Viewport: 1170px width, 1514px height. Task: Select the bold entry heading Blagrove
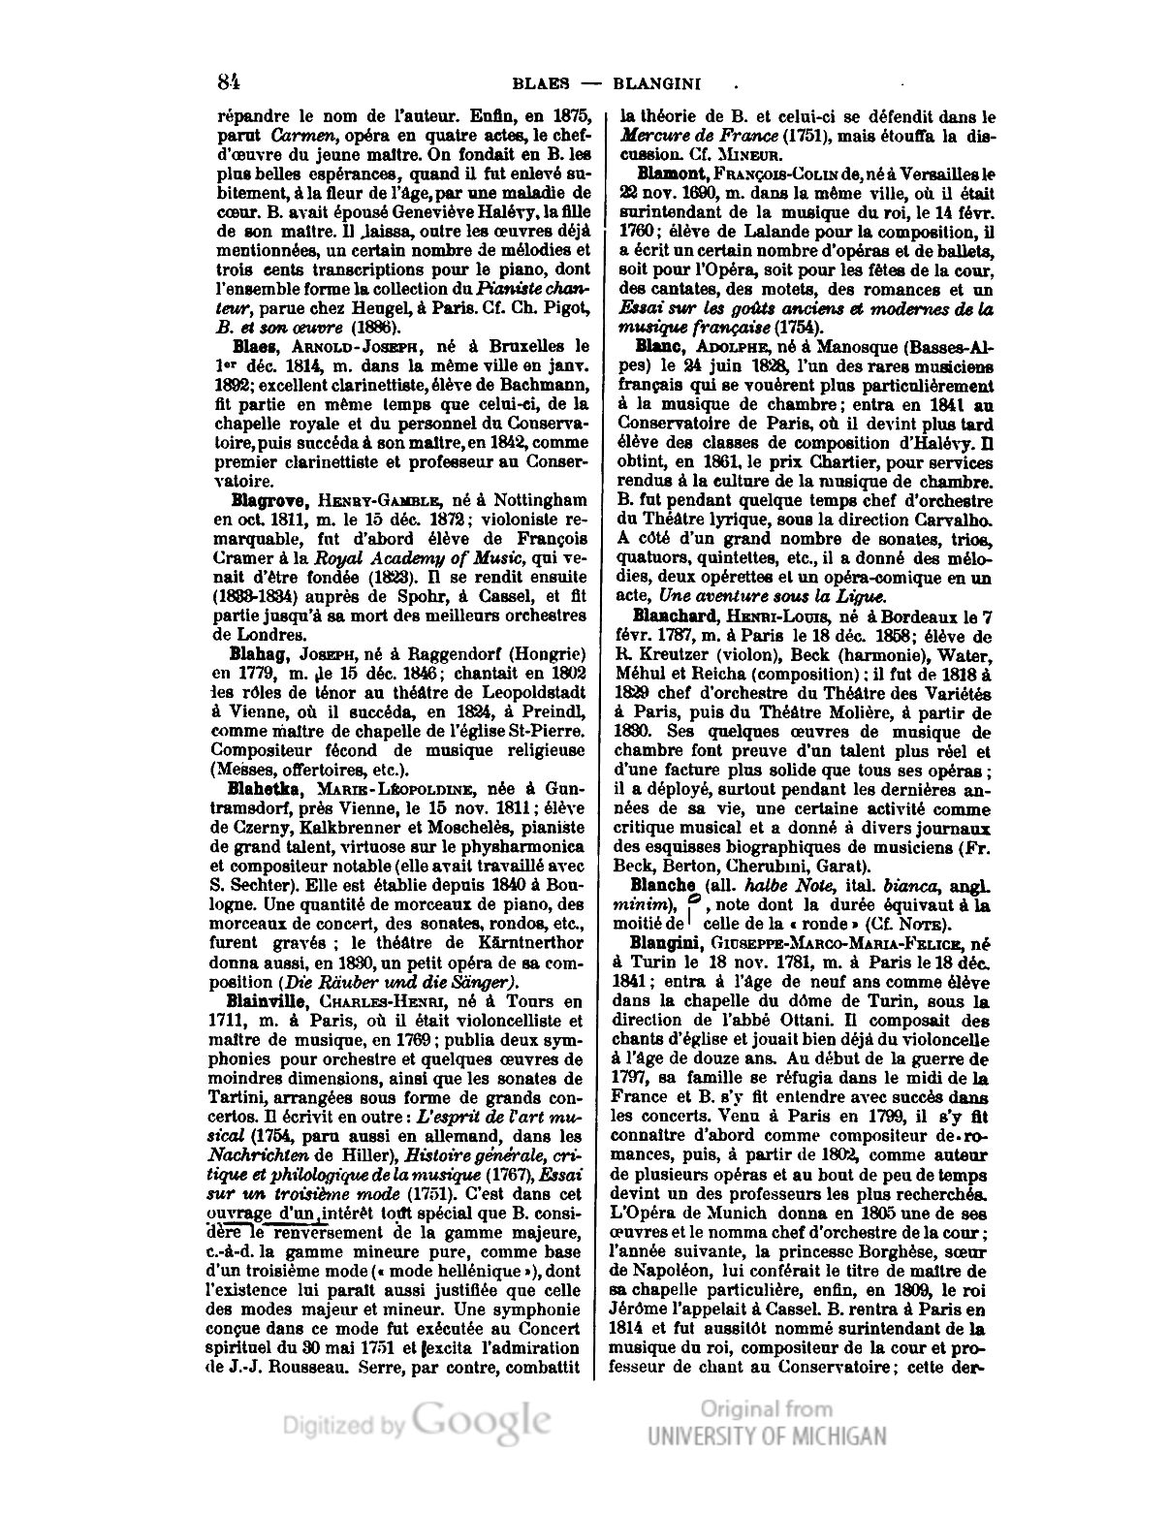(x=269, y=500)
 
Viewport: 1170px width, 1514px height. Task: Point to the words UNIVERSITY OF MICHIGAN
(x=767, y=1436)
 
